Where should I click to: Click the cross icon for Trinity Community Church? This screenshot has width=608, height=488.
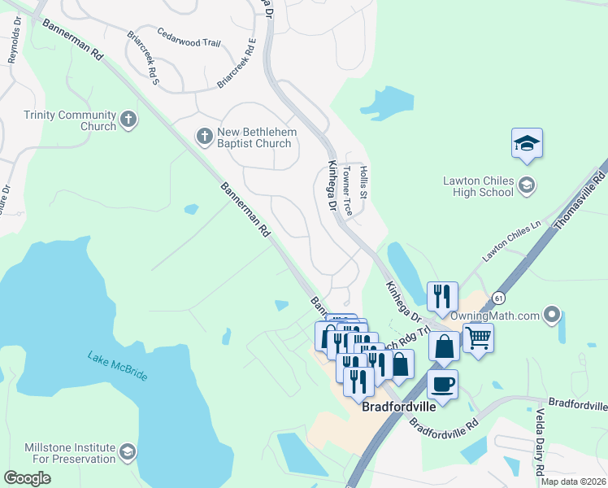tap(128, 120)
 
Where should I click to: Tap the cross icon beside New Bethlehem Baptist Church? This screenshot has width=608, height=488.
tap(204, 136)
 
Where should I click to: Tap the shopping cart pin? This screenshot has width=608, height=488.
tap(478, 336)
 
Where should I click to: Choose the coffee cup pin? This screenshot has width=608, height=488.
tap(442, 383)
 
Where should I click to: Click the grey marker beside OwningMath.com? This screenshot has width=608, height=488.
tap(553, 314)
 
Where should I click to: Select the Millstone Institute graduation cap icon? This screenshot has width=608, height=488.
tap(128, 452)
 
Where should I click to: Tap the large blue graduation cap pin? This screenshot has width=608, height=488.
tap(527, 144)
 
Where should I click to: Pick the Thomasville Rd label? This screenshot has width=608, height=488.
tap(580, 201)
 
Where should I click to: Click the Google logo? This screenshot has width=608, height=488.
tap(27, 477)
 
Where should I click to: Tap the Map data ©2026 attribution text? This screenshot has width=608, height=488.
tap(572, 481)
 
